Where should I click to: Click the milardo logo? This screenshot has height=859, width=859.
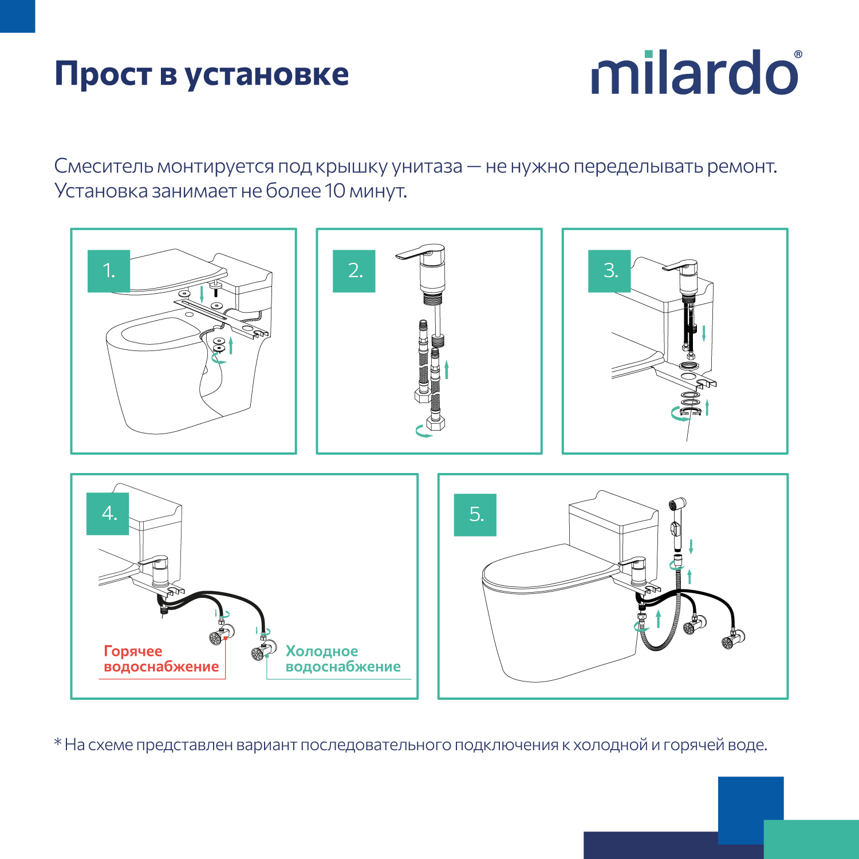point(695,73)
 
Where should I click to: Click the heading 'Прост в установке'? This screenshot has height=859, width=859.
point(202,74)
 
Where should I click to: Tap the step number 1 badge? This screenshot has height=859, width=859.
point(109,271)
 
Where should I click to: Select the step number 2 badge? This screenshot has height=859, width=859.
point(354,271)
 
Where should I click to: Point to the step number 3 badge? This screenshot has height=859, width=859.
point(609,271)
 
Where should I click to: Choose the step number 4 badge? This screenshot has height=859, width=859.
point(108,514)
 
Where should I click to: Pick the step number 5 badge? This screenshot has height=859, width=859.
point(475,515)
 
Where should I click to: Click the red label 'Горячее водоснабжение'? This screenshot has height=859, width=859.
point(161,659)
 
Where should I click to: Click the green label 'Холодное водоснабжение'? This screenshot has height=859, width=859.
point(342,659)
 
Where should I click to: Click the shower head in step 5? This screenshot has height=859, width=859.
point(676,506)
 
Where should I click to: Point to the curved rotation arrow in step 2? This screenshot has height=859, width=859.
point(423,432)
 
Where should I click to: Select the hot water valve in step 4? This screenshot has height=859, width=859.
point(219,636)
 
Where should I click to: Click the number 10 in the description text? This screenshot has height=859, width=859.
point(335,191)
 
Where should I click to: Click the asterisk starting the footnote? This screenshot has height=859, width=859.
point(58,743)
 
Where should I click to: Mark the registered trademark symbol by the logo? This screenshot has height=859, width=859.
point(798,54)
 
